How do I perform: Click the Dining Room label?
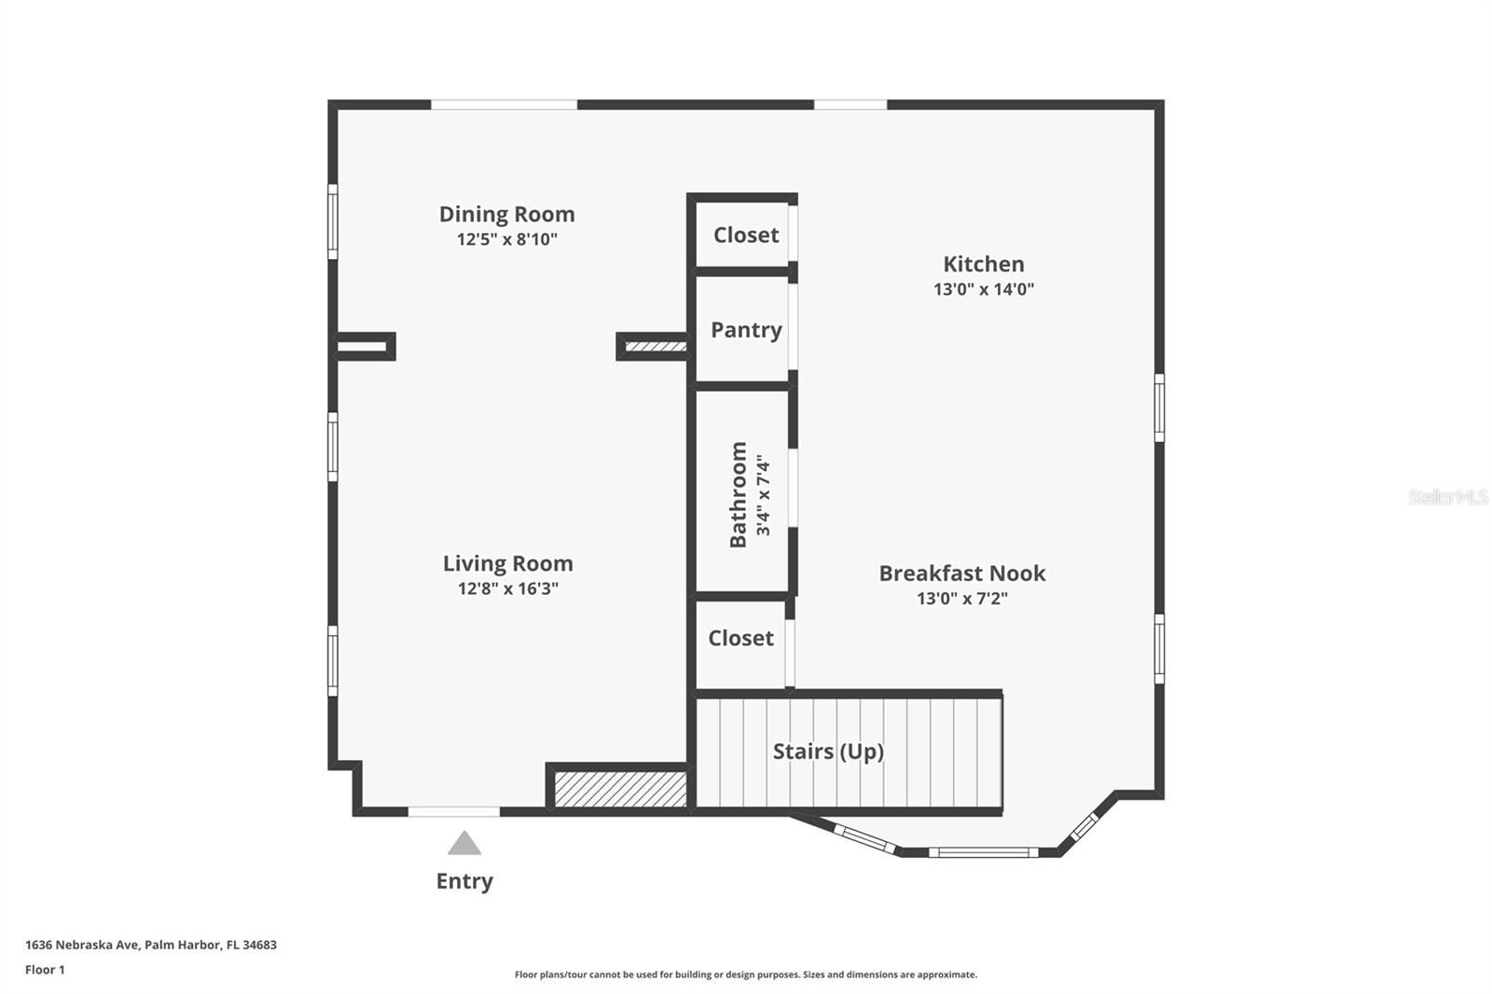[506, 214]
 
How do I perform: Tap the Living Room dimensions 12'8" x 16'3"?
[507, 588]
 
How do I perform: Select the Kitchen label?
[983, 264]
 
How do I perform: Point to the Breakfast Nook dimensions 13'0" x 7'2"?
[961, 598]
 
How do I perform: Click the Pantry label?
[746, 330]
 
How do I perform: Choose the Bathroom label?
[738, 495]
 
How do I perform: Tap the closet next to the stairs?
[740, 639]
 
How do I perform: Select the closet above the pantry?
[745, 235]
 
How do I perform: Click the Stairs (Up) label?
[828, 752]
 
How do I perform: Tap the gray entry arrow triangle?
[464, 845]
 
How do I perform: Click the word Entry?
[464, 881]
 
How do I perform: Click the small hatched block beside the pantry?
[655, 347]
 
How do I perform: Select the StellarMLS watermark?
[1447, 497]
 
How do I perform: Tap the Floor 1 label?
[45, 970]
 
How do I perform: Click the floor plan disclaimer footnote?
[746, 974]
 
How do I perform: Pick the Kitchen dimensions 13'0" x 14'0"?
[983, 289]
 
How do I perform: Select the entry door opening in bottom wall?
[454, 812]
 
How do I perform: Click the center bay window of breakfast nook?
[983, 852]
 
